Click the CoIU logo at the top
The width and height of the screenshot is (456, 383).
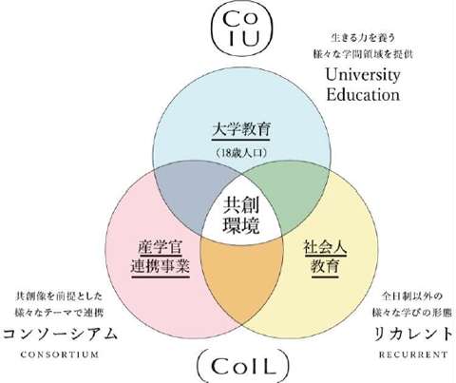[x=243, y=28]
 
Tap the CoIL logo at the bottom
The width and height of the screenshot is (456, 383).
[x=243, y=366]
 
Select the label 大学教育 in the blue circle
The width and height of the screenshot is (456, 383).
[x=240, y=130]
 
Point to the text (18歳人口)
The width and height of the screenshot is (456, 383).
[x=240, y=153]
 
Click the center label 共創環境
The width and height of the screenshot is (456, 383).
[x=240, y=216]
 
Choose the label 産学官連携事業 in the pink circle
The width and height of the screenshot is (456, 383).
[x=161, y=258]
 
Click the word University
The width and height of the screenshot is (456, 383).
[x=363, y=75]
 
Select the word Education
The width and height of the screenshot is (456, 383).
[x=363, y=94]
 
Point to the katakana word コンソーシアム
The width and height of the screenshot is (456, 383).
[x=60, y=334]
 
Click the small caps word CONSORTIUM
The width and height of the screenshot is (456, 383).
[x=60, y=354]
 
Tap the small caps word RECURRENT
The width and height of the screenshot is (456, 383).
[x=413, y=354]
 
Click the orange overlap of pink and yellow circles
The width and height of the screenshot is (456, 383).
[x=241, y=278]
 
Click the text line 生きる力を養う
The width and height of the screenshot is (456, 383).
[x=363, y=38]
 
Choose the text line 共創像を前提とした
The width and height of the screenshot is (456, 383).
[x=59, y=297]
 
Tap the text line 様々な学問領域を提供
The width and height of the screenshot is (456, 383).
[x=363, y=54]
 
